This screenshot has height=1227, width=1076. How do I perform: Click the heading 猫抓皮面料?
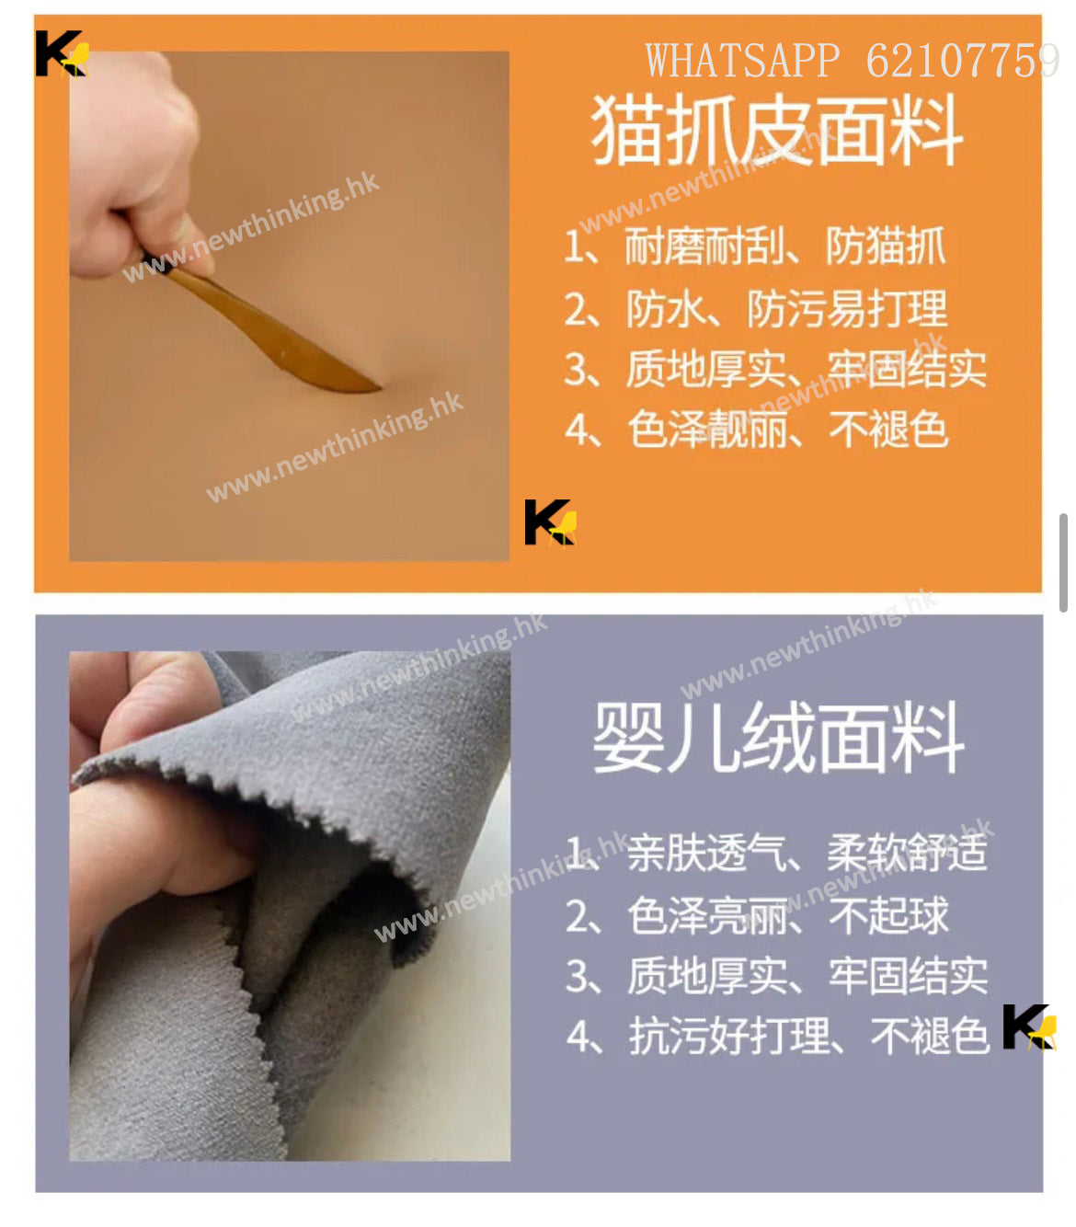777,131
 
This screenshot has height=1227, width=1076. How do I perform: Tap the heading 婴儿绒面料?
778,738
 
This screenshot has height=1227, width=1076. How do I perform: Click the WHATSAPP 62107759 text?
853,61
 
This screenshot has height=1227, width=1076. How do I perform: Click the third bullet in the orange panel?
775,369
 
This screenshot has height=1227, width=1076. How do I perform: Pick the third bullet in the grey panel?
777,976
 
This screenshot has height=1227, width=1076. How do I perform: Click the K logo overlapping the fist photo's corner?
62,53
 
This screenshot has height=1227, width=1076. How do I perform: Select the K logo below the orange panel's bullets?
550,522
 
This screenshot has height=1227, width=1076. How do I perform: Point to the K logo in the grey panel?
1029,1027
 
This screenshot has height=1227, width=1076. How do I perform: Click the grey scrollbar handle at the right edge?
1063,563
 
